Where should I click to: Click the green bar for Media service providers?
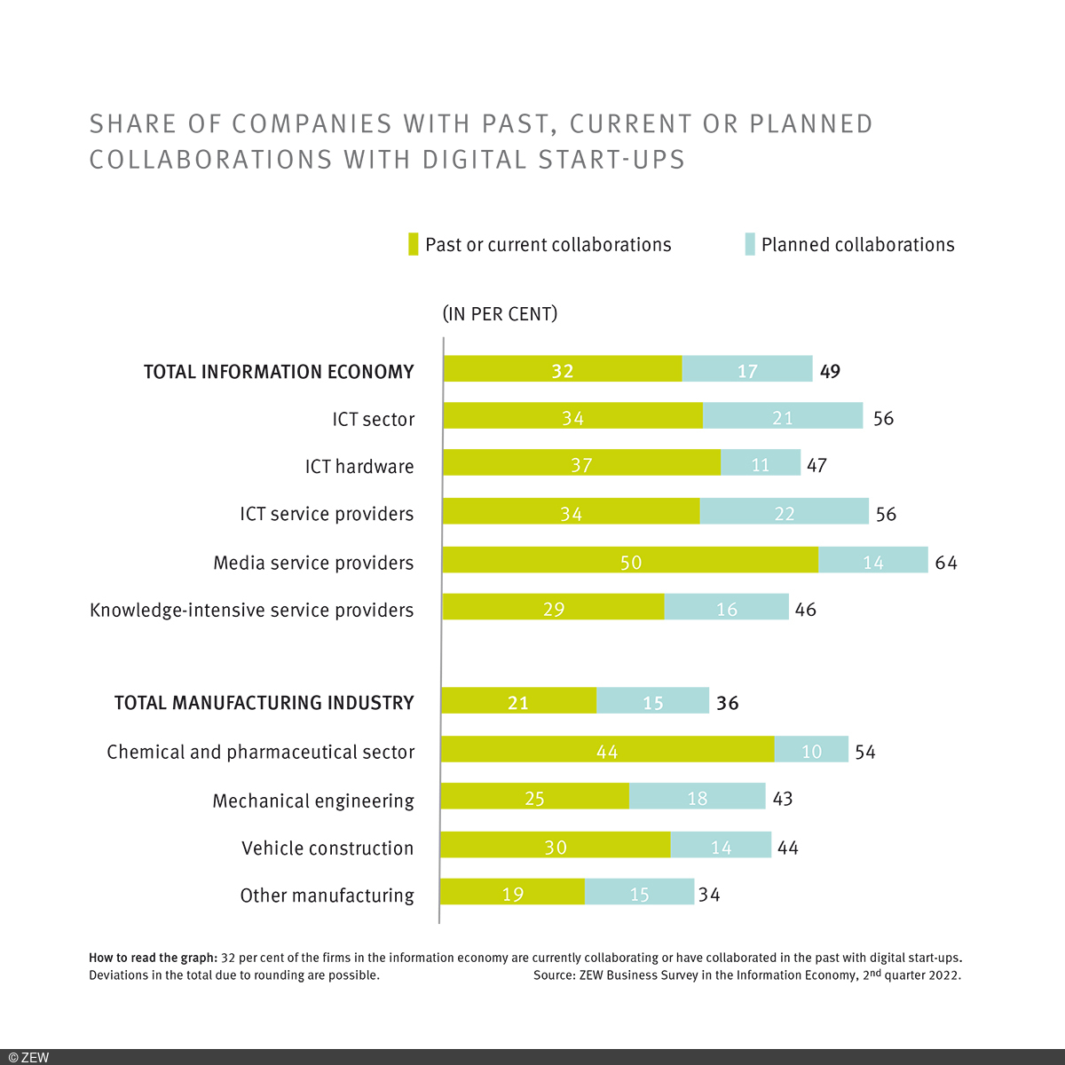pyautogui.click(x=630, y=561)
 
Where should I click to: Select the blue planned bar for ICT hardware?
pyautogui.click(x=761, y=463)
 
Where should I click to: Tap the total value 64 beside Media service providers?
pyautogui.click(x=946, y=563)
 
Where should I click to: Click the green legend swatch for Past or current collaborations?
pyautogui.click(x=413, y=244)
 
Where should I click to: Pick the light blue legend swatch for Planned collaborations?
pyautogui.click(x=750, y=244)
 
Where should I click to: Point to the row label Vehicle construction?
pyautogui.click(x=327, y=848)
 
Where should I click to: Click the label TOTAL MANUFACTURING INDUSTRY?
pyautogui.click(x=264, y=703)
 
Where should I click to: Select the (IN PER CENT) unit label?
pyautogui.click(x=500, y=314)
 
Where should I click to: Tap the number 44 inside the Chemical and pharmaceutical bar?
pyautogui.click(x=607, y=752)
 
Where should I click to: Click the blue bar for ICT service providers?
pyautogui.click(x=785, y=512)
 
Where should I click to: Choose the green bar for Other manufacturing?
pyautogui.click(x=513, y=893)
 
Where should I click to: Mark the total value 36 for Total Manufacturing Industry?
pyautogui.click(x=728, y=703)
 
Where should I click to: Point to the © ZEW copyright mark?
pyautogui.click(x=28, y=1057)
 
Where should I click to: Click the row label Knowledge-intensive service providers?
pyautogui.click(x=252, y=611)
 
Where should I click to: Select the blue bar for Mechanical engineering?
pyautogui.click(x=698, y=797)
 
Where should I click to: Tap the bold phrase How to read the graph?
pyautogui.click(x=153, y=958)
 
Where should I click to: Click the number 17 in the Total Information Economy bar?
pyautogui.click(x=747, y=370)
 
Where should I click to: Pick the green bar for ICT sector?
pyautogui.click(x=572, y=416)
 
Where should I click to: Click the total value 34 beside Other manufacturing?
pyautogui.click(x=709, y=895)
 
